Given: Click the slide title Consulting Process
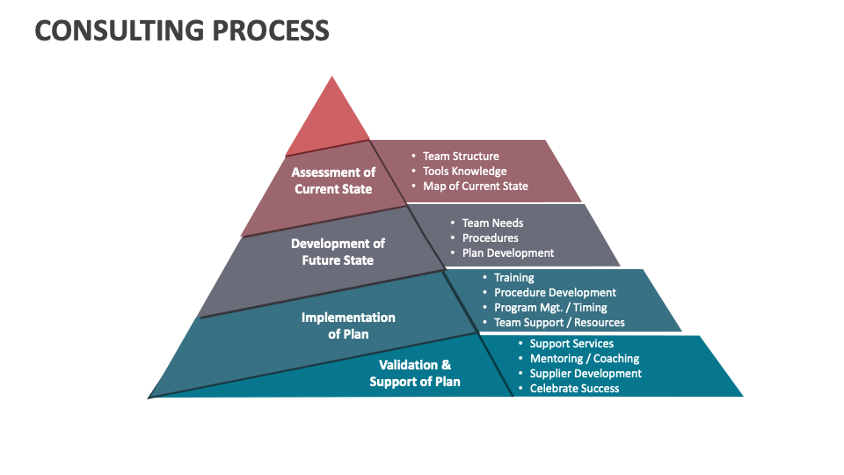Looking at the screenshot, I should [x=182, y=30].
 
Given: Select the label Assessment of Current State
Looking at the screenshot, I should [x=333, y=180].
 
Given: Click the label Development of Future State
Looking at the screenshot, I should [x=338, y=252].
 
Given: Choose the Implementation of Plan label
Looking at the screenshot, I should [x=348, y=325].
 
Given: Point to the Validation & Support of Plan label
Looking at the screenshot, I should [x=415, y=373].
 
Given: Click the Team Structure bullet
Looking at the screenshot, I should [x=461, y=156].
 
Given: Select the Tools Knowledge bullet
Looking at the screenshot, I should [x=464, y=171].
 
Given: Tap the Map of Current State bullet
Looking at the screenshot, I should [x=475, y=186].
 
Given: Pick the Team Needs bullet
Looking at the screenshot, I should [x=492, y=223].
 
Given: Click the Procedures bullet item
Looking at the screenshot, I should [x=490, y=237].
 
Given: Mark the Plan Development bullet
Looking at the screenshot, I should [x=508, y=252].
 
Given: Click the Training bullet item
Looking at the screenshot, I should [x=513, y=277].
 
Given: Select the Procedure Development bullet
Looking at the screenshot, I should [x=555, y=292].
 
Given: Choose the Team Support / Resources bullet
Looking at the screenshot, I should [x=559, y=322].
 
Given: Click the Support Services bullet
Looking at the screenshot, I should [x=571, y=343].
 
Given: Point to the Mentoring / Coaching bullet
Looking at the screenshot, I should [x=584, y=358].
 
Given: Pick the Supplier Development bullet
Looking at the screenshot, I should [x=586, y=373].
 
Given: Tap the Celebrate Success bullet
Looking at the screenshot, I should [x=574, y=388].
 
